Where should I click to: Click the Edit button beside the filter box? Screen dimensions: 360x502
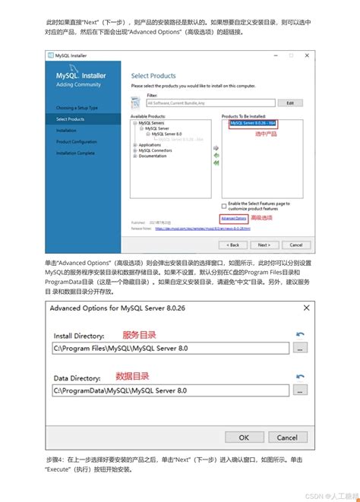click(x=290, y=103)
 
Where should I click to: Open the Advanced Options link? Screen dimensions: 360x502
click(x=234, y=218)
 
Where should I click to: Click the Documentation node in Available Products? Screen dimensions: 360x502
click(x=153, y=156)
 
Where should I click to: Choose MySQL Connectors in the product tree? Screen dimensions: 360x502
click(x=156, y=150)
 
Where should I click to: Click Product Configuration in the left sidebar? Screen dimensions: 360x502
click(x=77, y=141)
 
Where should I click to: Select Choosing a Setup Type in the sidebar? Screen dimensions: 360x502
click(x=77, y=108)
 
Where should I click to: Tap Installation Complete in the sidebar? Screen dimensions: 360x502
click(x=76, y=153)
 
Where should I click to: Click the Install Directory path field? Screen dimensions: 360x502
click(x=171, y=348)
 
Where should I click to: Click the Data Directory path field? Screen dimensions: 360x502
click(x=171, y=390)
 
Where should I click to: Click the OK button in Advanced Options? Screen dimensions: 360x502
click(x=244, y=437)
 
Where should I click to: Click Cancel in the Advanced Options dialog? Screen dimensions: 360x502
click(x=287, y=437)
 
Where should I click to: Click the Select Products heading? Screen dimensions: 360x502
click(x=153, y=76)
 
